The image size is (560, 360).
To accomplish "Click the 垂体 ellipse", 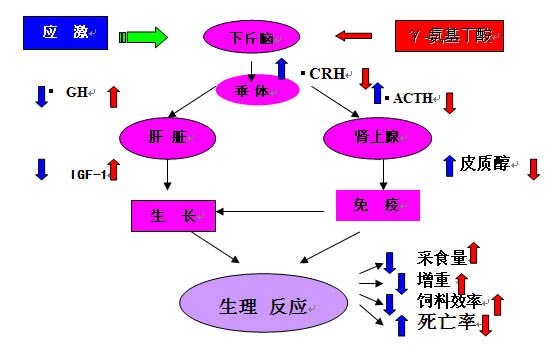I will click(x=258, y=90).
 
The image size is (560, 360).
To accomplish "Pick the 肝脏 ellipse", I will click(x=161, y=138).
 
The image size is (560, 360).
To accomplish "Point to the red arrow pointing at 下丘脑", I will click(x=352, y=37).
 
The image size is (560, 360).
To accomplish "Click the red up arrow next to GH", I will click(x=113, y=96).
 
